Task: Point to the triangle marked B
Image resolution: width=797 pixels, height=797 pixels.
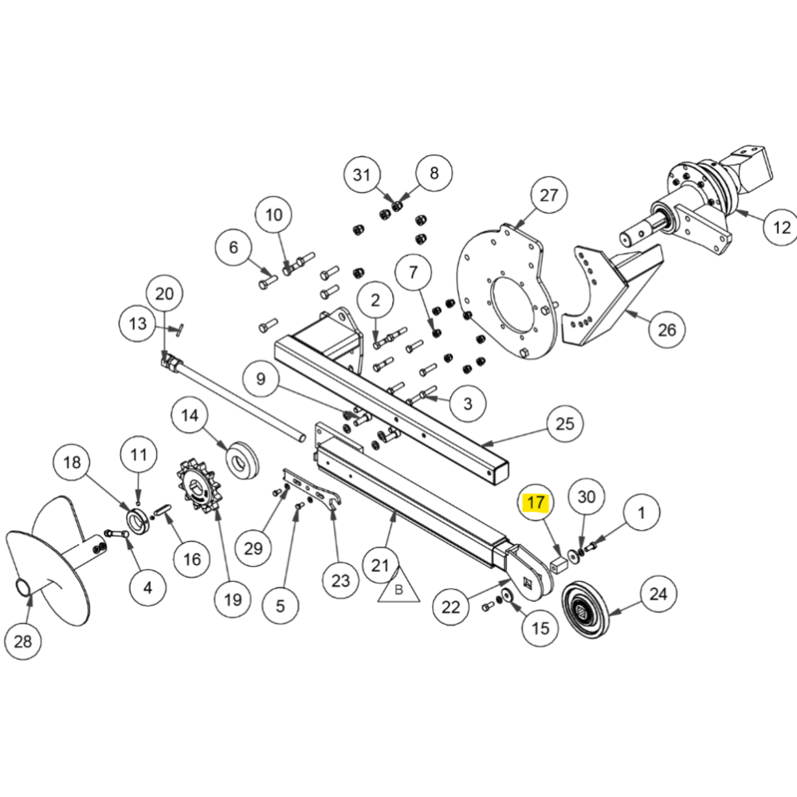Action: click(x=396, y=588)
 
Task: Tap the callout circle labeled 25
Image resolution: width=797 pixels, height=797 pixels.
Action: click(x=564, y=423)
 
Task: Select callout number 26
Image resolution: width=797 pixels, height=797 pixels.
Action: click(x=666, y=328)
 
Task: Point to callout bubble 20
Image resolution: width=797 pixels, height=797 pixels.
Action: click(x=163, y=294)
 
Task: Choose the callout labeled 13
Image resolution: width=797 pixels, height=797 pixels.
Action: click(x=137, y=323)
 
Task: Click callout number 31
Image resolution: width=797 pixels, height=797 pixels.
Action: click(x=363, y=175)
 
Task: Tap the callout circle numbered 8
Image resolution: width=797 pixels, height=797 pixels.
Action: click(x=434, y=172)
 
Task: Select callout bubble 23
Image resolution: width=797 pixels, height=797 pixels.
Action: click(x=340, y=580)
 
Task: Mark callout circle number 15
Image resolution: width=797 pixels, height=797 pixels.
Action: click(x=540, y=627)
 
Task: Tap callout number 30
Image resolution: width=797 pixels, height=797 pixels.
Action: click(x=586, y=497)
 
